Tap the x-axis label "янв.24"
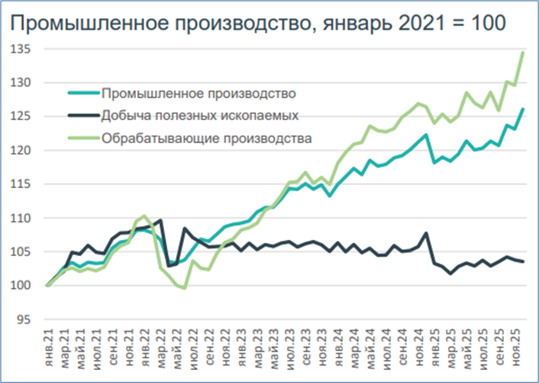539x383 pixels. pos(332,348)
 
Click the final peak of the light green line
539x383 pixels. pos(523,52)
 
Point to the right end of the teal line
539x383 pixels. pos(523,109)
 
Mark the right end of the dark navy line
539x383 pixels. pos(523,262)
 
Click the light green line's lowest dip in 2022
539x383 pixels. pos(183,288)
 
